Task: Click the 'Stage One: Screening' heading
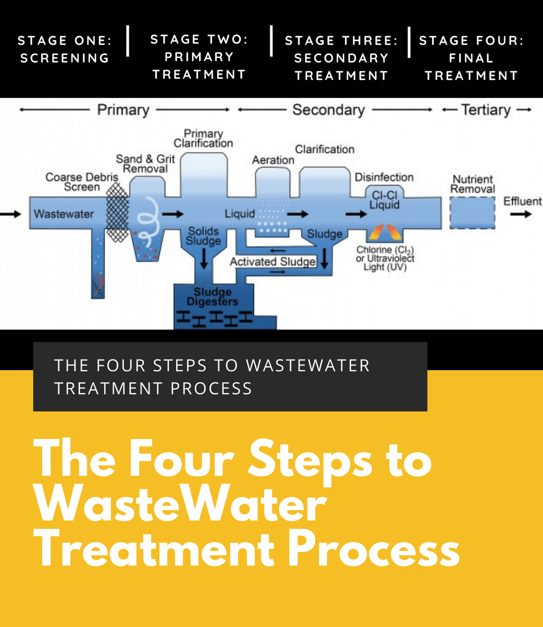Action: tap(64, 49)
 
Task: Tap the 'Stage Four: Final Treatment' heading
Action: tap(471, 57)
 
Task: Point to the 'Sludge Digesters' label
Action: tap(212, 297)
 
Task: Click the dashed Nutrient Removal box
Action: tap(472, 213)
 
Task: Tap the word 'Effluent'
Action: tap(522, 201)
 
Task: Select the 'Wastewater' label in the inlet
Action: tap(64, 214)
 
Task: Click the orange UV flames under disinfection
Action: tap(385, 232)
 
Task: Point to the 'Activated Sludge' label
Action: tap(272, 262)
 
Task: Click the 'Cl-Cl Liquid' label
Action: tap(384, 200)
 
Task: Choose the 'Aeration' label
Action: tap(273, 160)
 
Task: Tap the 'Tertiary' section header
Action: tap(486, 110)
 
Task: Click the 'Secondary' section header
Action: tap(329, 110)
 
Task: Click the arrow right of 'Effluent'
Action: tap(521, 214)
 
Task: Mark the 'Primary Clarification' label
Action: tap(203, 138)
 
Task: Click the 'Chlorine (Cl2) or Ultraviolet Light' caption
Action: tap(385, 258)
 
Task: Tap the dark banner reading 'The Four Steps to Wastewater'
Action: tap(230, 377)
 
